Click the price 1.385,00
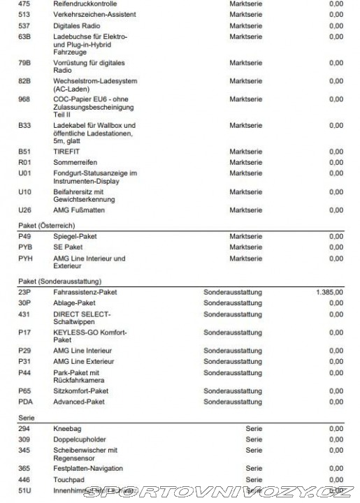(x=329, y=292)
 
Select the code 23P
(x=24, y=292)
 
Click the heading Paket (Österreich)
(x=47, y=226)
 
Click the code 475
(x=24, y=3)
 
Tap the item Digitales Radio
(x=76, y=25)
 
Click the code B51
(x=24, y=152)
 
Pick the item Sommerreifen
(x=75, y=162)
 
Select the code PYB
(x=25, y=247)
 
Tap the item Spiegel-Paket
(x=75, y=237)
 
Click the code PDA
(x=25, y=402)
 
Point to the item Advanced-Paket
(x=79, y=402)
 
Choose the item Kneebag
(x=67, y=428)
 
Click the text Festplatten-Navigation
(x=88, y=469)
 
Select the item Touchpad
(x=69, y=480)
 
